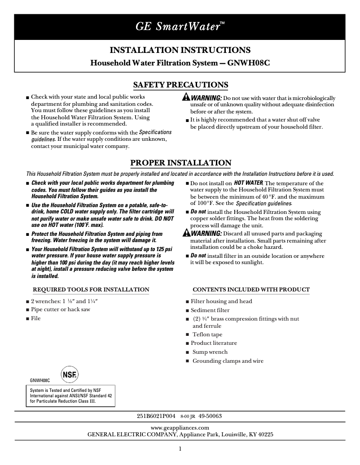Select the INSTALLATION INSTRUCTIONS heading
point(180,50)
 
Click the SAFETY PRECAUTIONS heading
point(180,85)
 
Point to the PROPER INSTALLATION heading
point(180,163)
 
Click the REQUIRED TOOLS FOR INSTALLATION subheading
point(91,290)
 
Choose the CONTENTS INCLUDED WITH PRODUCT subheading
point(251,290)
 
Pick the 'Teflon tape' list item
point(207,335)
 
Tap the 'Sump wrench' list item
point(210,352)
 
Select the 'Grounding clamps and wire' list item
point(228,361)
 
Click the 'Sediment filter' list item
point(210,310)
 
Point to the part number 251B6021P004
point(156,416)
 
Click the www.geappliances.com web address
point(180,428)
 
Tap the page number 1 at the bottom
point(180,449)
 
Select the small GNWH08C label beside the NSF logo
point(40,380)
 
